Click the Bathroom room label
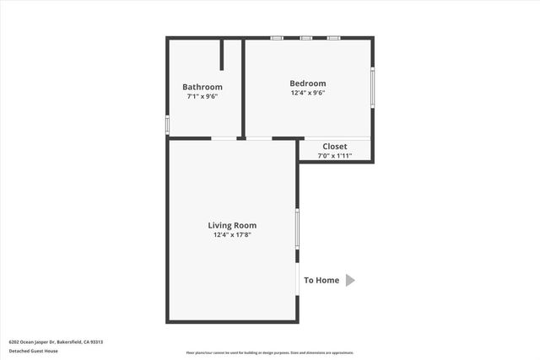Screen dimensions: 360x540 click(x=202, y=87)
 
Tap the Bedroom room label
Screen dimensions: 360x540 click(x=307, y=83)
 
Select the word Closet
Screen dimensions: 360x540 click(x=334, y=147)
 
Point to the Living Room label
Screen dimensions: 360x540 click(x=232, y=225)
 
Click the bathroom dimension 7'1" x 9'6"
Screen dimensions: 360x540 click(x=202, y=97)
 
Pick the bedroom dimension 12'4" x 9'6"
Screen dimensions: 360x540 click(x=307, y=93)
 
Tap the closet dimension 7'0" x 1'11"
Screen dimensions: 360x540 click(x=334, y=156)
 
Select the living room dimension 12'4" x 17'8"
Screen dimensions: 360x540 click(x=232, y=235)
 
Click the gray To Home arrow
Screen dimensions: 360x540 click(x=350, y=280)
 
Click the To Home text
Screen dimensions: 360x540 click(x=321, y=281)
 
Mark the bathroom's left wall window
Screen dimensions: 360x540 click(x=167, y=125)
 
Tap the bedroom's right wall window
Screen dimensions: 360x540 click(x=373, y=87)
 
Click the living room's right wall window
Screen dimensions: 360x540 click(x=297, y=228)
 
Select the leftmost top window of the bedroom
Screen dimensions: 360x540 click(x=277, y=38)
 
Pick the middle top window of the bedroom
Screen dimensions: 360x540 click(x=305, y=38)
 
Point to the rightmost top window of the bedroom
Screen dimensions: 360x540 click(x=333, y=38)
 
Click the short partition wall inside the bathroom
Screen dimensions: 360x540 click(x=222, y=55)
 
